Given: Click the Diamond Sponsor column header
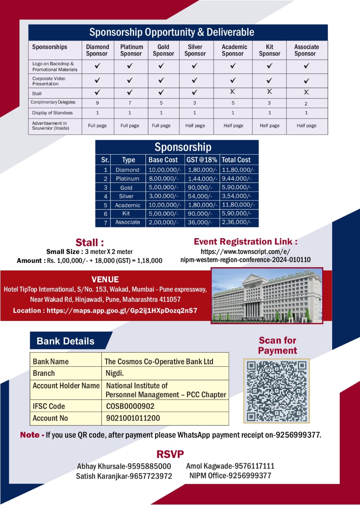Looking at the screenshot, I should coord(97,50).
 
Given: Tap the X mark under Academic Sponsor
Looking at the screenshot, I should coord(233,92).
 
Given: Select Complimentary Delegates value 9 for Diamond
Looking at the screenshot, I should coord(97,103).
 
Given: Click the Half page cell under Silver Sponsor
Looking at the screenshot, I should coord(195,126).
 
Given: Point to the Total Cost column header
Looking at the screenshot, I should coord(236,160).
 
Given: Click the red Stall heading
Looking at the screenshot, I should coord(90,243).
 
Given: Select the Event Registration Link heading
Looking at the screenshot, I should coord(245,242).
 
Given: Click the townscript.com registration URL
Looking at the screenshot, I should coord(245,255).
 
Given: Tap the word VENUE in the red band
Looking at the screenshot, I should coord(105,279).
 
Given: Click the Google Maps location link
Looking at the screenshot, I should coord(105,311).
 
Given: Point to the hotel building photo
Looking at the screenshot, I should coord(267,295).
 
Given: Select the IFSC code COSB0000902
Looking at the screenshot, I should coord(130,406).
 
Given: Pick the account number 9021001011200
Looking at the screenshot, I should coord(133,418).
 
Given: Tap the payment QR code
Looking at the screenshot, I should coord(276,391).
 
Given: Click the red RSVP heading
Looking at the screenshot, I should coord(170,454).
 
